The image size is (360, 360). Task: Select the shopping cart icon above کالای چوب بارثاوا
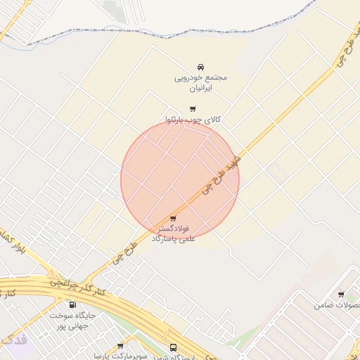193,108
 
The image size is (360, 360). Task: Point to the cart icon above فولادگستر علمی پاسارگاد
174,219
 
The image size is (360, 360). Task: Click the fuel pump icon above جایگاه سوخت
72,304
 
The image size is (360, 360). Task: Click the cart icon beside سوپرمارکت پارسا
120,346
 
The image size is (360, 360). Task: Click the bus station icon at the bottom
174,348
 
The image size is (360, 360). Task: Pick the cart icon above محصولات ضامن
341,295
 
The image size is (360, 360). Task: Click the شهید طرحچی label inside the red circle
219,174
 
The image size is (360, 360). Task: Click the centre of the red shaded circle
180,179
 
